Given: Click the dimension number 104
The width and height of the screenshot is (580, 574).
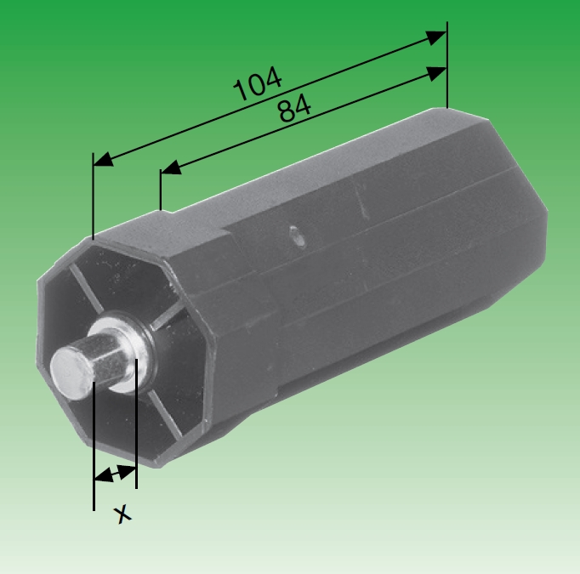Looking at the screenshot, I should coord(258,85).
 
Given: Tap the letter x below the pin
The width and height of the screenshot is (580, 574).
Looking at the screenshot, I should coord(124,513).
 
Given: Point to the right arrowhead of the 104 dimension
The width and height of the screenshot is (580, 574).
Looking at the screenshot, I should coord(435,38).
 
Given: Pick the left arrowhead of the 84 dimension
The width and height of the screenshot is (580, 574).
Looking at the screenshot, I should coord(171,168).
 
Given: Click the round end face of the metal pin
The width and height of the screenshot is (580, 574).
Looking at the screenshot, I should coord(67,365).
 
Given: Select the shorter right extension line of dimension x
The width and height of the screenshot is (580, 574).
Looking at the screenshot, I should coord(136,425).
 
